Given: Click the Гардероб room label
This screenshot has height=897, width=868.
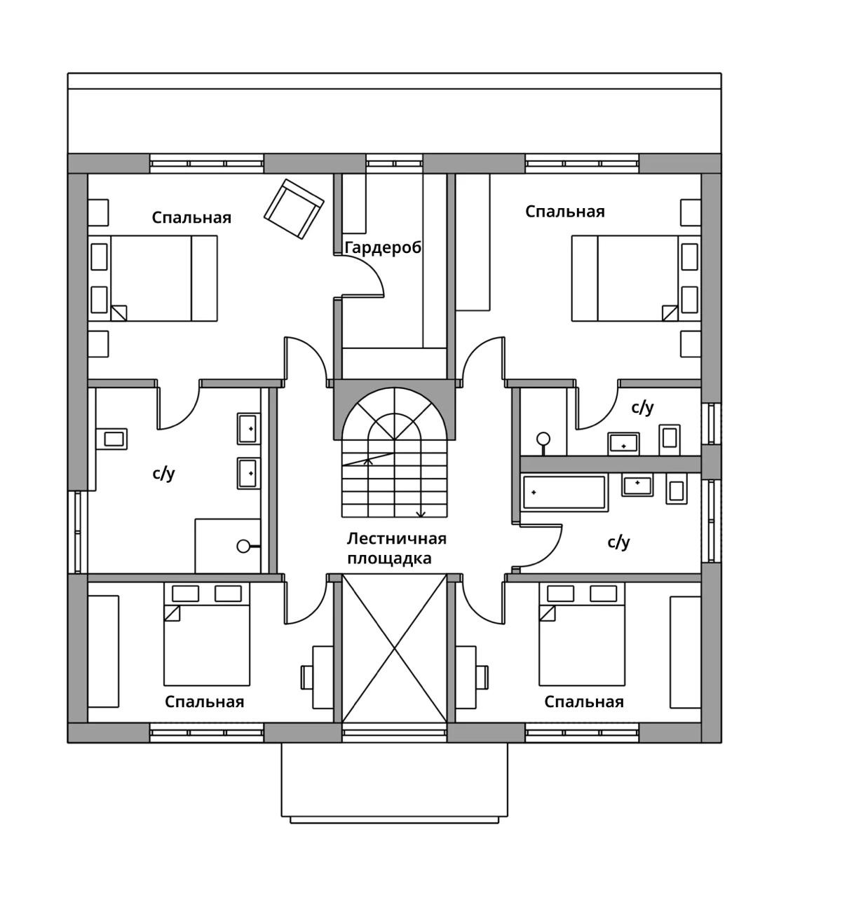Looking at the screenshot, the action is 383,248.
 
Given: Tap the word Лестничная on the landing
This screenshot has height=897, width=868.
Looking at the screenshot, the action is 397,538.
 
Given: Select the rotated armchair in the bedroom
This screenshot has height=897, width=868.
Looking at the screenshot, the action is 294,209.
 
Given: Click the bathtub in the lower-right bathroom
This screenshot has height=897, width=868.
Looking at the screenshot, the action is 564,493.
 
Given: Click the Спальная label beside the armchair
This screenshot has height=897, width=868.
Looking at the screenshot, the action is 191,217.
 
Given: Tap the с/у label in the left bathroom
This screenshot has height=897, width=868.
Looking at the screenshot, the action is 164,474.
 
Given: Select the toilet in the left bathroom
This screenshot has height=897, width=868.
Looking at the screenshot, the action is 111,439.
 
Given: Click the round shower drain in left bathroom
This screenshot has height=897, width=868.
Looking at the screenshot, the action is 243,546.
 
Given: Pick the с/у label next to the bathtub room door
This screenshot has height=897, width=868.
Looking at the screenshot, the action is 618,542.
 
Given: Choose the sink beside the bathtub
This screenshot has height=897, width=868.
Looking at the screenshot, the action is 637,484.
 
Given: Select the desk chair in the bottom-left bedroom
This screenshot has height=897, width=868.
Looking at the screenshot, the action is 306,677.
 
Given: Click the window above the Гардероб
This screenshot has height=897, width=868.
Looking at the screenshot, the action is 394,164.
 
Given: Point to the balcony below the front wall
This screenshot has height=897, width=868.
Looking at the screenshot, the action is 394,782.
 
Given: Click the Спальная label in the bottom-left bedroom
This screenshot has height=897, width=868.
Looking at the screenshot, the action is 204,701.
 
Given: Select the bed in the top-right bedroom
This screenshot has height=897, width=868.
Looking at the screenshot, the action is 625,278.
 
